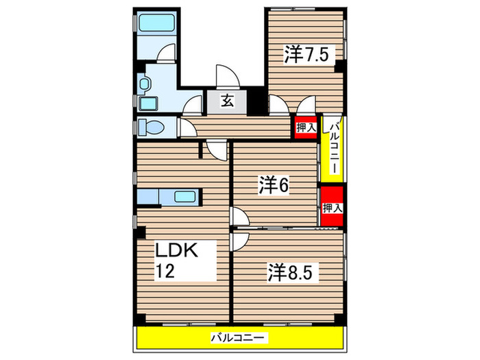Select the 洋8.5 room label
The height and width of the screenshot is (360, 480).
pos(291,272)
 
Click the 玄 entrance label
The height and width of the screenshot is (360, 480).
pos(228,101)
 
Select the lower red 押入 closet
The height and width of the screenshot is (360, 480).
pos(332,207)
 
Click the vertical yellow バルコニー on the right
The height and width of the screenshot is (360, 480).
pos(333,147)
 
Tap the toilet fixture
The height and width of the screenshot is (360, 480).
pos(152,128)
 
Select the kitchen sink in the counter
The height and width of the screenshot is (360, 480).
pos(185,197)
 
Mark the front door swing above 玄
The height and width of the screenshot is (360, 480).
pos(225,77)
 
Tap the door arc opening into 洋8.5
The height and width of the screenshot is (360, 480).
pos(240,240)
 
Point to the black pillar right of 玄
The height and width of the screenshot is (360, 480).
pos(256,101)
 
